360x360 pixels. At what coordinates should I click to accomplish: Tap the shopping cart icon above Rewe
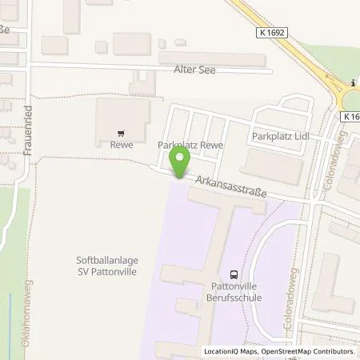pos(121,134)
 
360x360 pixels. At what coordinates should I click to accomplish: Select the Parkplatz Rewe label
pos(190,145)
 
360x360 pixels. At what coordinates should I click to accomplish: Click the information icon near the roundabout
pos(353,82)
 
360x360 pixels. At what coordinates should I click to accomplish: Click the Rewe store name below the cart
pos(121,146)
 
